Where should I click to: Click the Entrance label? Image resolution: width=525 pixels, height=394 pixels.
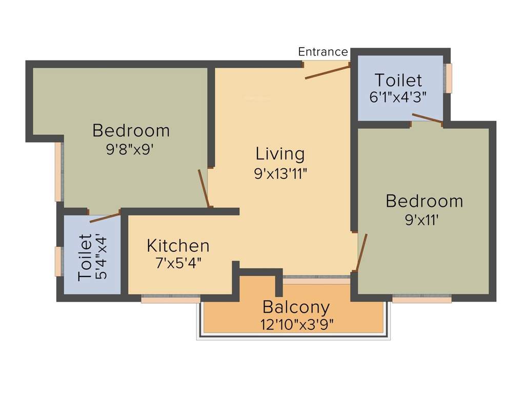click(323, 52)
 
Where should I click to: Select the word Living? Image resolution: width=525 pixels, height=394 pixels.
click(280, 153)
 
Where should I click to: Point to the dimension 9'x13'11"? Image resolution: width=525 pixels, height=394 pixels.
click(280, 173)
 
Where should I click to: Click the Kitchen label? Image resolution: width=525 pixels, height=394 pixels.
click(178, 245)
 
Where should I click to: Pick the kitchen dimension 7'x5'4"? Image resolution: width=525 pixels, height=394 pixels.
click(178, 263)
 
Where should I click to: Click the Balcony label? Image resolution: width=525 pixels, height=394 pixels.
click(296, 307)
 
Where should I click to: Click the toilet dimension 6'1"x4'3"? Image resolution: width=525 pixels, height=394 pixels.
click(398, 97)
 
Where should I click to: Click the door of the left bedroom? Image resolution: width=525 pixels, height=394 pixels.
click(204, 188)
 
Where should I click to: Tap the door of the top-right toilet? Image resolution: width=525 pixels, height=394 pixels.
click(427, 119)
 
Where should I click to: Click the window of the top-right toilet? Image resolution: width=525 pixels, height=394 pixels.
click(449, 78)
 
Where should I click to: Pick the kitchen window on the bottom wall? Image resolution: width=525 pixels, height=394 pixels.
click(171, 299)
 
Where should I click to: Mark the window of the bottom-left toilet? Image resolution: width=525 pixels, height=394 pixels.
click(58, 261)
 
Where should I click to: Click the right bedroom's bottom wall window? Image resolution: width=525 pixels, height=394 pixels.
click(421, 299)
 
